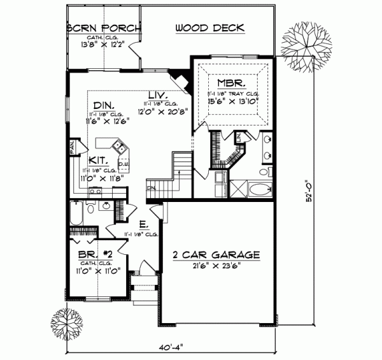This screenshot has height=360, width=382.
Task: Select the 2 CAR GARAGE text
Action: point(216,255)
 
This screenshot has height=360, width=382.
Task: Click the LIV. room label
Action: point(157,94)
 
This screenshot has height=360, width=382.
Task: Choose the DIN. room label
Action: point(103,105)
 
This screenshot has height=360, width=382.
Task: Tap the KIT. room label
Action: point(97,161)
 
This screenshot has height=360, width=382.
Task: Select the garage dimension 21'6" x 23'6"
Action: point(216,267)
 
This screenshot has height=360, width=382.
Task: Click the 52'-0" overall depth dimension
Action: point(308,191)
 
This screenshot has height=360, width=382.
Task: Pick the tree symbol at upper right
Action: point(304,48)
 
